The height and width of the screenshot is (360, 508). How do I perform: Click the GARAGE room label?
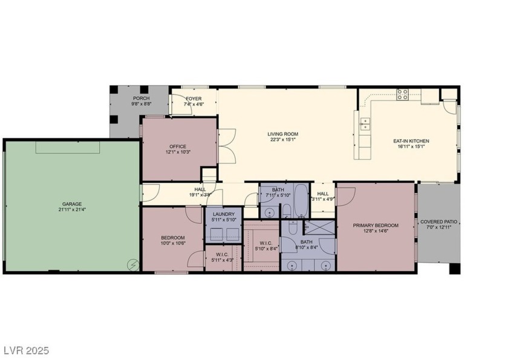(71, 204)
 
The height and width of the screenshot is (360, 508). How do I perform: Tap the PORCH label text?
(141, 98)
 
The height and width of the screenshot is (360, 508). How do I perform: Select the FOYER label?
(194, 98)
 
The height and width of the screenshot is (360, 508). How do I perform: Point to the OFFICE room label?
(178, 146)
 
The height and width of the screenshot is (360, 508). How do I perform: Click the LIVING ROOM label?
(283, 134)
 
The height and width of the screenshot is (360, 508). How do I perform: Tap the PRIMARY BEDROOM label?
(375, 225)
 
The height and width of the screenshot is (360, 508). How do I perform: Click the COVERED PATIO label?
(440, 222)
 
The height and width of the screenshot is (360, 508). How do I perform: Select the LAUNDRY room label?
(223, 214)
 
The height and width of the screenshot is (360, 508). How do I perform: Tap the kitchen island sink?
(365, 124)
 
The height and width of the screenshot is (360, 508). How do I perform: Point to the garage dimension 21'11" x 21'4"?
(71, 209)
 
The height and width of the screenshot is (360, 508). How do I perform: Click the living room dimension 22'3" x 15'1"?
(283, 139)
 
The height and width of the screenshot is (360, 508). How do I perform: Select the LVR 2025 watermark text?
(25, 350)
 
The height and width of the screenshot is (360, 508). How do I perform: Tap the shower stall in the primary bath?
(319, 229)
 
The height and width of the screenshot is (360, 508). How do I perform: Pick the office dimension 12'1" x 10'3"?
(178, 151)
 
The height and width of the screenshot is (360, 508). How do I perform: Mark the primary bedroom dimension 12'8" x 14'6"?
(375, 231)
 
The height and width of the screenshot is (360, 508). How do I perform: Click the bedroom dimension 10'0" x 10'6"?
(173, 243)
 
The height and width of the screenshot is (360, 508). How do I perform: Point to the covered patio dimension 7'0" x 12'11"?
(440, 227)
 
